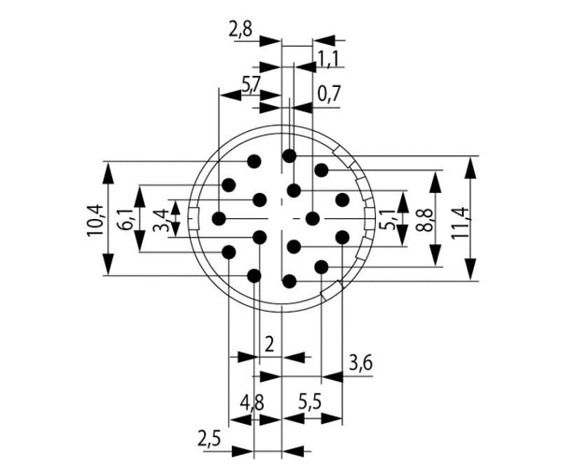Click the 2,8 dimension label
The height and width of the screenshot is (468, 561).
click(x=240, y=30)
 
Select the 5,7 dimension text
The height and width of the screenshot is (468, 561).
click(x=252, y=86)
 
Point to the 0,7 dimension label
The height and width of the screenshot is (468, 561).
click(x=329, y=95)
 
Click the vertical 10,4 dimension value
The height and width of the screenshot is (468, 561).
click(x=94, y=220)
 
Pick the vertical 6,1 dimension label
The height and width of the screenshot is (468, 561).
click(x=125, y=220)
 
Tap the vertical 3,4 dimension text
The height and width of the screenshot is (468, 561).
click(x=161, y=221)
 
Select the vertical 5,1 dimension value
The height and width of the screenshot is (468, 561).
click(x=388, y=219)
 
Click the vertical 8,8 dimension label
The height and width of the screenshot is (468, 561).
click(x=425, y=220)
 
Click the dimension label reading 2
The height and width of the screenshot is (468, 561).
click(x=269, y=344)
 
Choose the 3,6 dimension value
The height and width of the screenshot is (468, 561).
click(x=361, y=363)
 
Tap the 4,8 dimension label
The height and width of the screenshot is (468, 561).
click(x=252, y=403)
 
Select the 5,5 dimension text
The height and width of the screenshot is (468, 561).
click(x=309, y=403)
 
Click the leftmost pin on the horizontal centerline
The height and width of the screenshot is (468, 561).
click(x=219, y=218)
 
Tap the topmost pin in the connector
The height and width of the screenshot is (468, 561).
click(x=289, y=155)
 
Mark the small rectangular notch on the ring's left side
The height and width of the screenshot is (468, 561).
click(x=194, y=218)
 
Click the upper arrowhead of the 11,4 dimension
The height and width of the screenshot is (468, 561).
click(x=471, y=168)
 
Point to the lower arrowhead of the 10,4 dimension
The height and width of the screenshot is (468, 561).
click(x=108, y=264)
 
